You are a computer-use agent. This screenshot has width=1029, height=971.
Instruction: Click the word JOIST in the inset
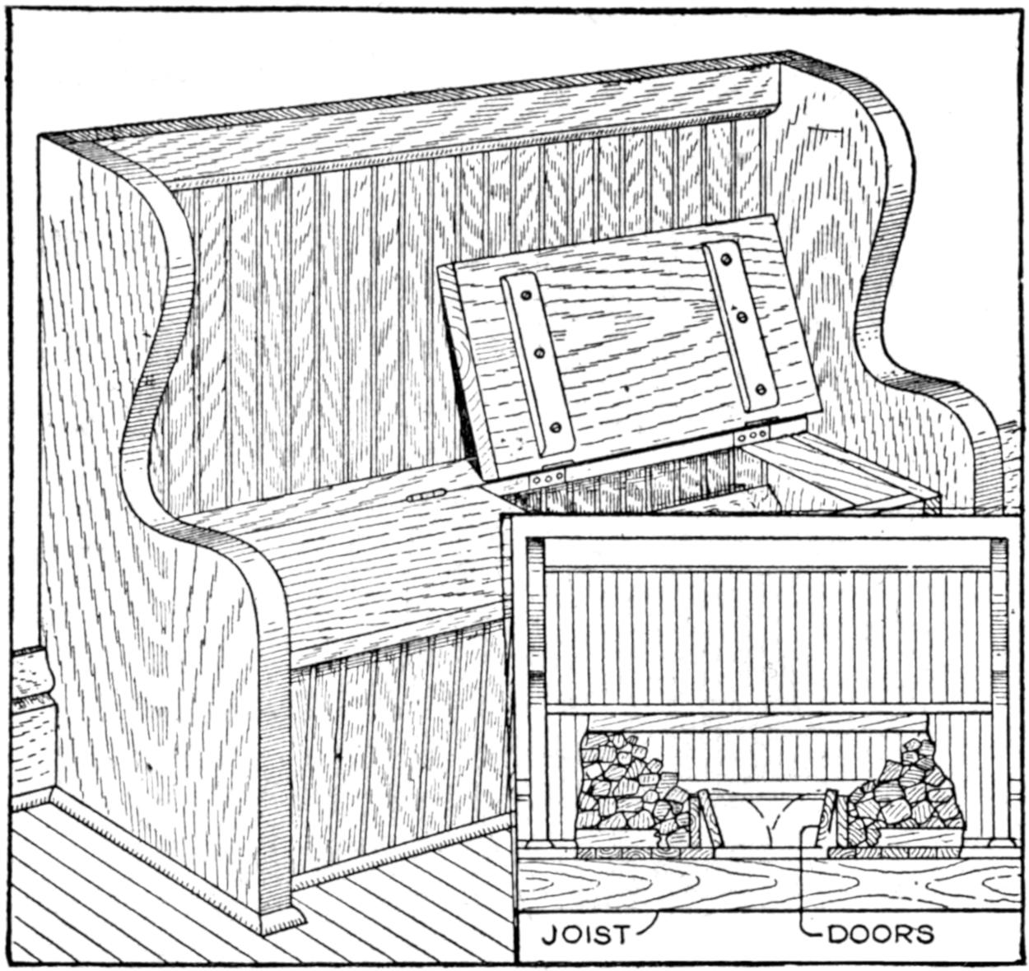(585, 934)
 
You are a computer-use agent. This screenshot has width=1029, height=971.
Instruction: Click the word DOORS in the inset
(880, 934)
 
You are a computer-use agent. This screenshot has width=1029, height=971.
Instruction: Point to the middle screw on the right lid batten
(742, 316)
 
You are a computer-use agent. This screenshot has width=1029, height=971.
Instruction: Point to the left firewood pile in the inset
(626, 790)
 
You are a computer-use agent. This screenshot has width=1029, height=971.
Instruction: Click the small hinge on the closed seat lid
(426, 495)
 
